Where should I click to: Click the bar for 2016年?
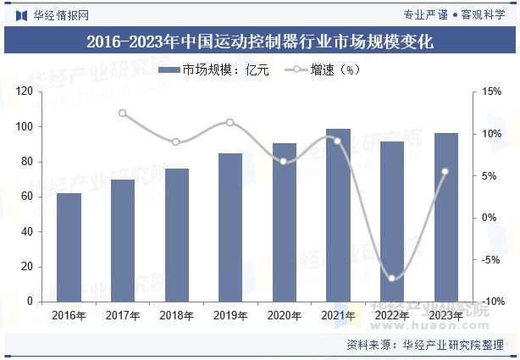[69, 247]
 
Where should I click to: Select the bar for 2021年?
[338, 215]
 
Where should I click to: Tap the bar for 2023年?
[445, 218]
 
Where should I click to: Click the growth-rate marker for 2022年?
[391, 278]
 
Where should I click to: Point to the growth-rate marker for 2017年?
[123, 113]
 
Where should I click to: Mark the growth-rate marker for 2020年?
[284, 161]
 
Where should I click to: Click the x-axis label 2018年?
[176, 316]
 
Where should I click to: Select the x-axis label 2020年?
[284, 316]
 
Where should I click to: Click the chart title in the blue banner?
[260, 42]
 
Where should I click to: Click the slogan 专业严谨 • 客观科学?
[454, 14]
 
